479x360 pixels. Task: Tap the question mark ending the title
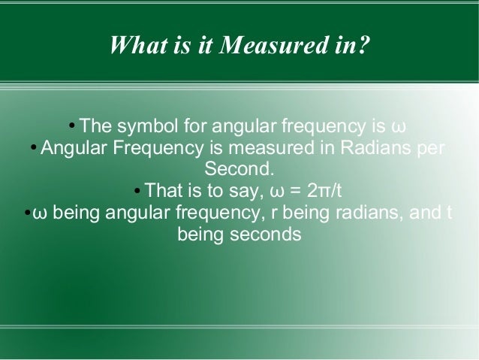pyautogui.click(x=363, y=47)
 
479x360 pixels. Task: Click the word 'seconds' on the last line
pyautogui.click(x=268, y=234)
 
